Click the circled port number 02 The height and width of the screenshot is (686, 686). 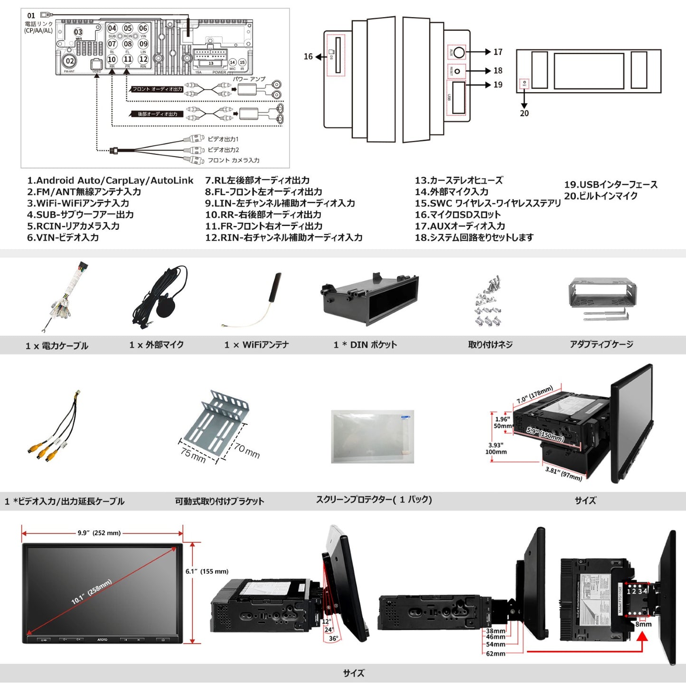pyautogui.click(x=70, y=61)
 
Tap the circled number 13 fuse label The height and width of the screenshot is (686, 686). pyautogui.click(x=211, y=63)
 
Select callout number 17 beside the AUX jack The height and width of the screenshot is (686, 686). pyautogui.click(x=498, y=52)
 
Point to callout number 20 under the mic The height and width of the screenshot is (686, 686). pyautogui.click(x=524, y=113)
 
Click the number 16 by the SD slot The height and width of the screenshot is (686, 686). pyautogui.click(x=308, y=57)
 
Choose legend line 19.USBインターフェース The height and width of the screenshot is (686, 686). pyautogui.click(x=611, y=185)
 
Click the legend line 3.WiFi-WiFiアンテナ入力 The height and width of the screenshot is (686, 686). pyautogui.click(x=78, y=203)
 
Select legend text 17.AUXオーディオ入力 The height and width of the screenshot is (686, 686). pyautogui.click(x=460, y=226)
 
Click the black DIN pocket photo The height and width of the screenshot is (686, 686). pyautogui.click(x=369, y=298)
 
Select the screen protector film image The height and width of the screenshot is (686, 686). pyautogui.click(x=373, y=436)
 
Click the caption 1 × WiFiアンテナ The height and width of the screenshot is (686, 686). pyautogui.click(x=256, y=345)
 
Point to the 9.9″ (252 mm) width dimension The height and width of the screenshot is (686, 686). pyautogui.click(x=99, y=533)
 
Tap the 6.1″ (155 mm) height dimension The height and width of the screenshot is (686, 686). pyautogui.click(x=207, y=571)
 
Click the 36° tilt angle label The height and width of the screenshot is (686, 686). pyautogui.click(x=333, y=639)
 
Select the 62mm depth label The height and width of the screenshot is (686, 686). pyautogui.click(x=495, y=654)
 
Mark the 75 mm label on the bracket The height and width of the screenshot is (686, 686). pyautogui.click(x=193, y=454)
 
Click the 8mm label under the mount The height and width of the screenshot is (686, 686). pyautogui.click(x=643, y=624)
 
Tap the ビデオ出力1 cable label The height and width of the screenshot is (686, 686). pyautogui.click(x=223, y=139)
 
